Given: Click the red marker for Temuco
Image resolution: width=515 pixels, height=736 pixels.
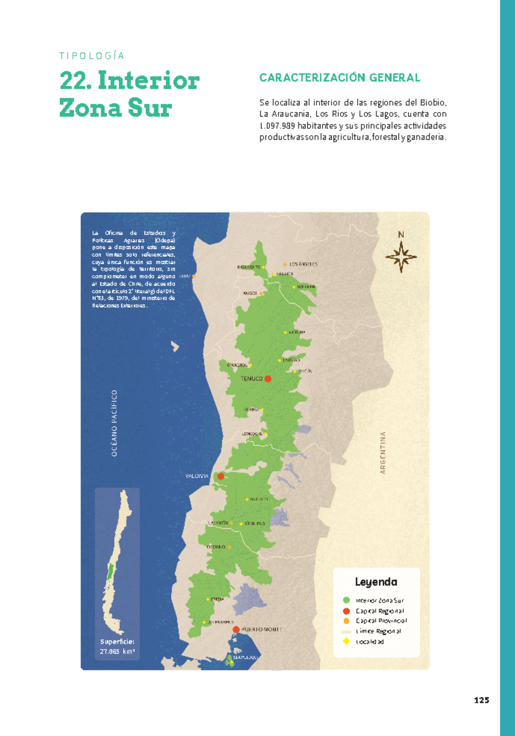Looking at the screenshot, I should pyautogui.click(x=268, y=379).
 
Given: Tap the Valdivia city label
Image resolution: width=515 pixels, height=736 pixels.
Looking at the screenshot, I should pyautogui.click(x=197, y=476).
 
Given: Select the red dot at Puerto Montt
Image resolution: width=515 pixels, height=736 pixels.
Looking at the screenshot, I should pyautogui.click(x=236, y=630).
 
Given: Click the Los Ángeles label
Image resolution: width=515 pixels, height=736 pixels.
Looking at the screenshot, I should pyautogui.click(x=303, y=265).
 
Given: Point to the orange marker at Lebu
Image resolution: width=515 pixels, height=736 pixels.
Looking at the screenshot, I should pyautogui.click(x=194, y=276).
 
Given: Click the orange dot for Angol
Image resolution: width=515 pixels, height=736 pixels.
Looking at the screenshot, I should pyautogui.click(x=261, y=294).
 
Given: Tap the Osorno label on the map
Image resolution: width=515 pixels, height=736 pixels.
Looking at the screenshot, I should pyautogui.click(x=216, y=547).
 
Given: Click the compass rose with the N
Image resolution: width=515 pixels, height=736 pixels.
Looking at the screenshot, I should pyautogui.click(x=401, y=256).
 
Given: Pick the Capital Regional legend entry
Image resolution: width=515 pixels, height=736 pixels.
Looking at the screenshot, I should pyautogui.click(x=379, y=611).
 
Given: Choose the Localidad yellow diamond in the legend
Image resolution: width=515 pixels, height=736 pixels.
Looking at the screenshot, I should pyautogui.click(x=346, y=642).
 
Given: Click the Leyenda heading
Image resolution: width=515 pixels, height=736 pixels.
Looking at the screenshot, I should pyautogui.click(x=376, y=582).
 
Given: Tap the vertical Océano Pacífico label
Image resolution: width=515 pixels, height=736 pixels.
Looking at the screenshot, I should pyautogui.click(x=114, y=423).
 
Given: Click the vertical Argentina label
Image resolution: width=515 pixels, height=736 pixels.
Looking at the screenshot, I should pyautogui.click(x=383, y=453).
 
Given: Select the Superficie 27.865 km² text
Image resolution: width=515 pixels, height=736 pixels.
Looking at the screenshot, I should pyautogui.click(x=117, y=647).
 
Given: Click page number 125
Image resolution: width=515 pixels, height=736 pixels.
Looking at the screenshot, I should pyautogui.click(x=481, y=700).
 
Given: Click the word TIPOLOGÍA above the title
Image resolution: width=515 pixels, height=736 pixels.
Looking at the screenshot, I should pyautogui.click(x=92, y=56).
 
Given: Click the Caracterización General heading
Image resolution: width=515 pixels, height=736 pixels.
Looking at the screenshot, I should pyautogui.click(x=340, y=78).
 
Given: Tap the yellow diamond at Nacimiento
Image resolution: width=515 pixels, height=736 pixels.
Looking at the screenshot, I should pyautogui.click(x=264, y=267).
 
